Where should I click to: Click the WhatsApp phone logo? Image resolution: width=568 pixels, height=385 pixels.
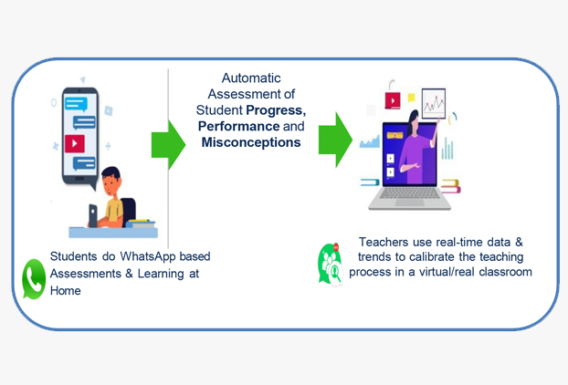click(34, 279)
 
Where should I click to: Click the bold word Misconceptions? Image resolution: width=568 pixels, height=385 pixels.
click(251, 143)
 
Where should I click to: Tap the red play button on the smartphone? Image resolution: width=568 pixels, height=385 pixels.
click(74, 143)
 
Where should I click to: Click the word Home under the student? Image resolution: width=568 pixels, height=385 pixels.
click(66, 291)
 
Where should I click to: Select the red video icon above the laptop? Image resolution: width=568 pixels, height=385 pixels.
click(393, 101)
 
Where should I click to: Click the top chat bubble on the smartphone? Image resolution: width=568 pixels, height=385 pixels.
click(79, 103)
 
